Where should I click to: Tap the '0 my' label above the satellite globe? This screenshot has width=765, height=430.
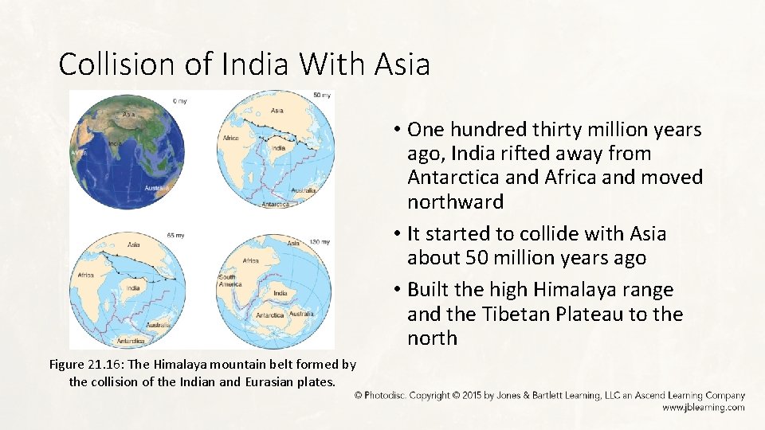click(x=181, y=101)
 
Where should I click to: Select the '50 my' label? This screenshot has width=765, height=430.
click(x=323, y=96)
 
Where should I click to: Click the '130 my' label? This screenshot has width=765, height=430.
click(x=320, y=241)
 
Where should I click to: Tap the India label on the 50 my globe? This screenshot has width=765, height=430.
click(x=278, y=148)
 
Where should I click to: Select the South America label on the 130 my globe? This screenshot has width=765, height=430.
click(x=228, y=282)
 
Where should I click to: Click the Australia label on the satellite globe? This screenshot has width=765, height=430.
click(x=157, y=188)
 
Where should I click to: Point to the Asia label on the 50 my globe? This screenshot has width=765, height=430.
click(x=277, y=111)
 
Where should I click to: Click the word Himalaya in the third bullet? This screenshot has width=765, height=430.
click(x=570, y=290)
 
